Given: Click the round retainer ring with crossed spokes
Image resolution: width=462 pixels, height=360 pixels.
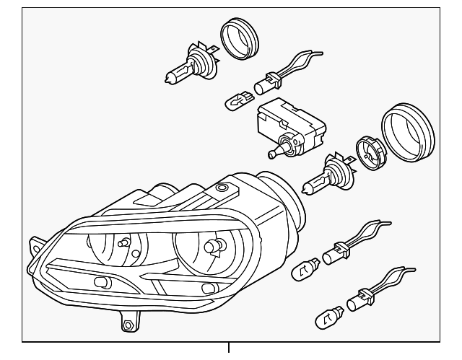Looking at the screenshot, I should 369,154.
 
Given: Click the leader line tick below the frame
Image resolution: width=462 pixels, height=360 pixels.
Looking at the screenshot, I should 230,350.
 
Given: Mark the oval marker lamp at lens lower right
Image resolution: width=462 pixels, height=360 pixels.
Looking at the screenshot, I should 208,289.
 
